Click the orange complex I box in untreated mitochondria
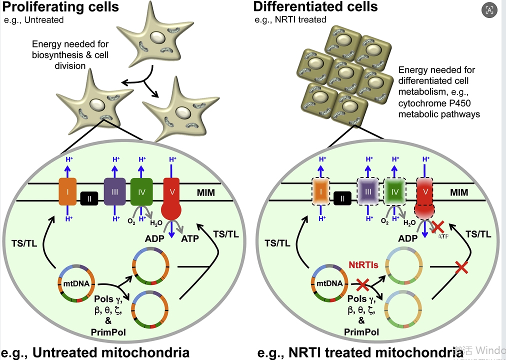(66, 191)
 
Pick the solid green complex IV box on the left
(141, 191)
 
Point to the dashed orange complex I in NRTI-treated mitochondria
(321, 191)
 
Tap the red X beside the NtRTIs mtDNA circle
(363, 286)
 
